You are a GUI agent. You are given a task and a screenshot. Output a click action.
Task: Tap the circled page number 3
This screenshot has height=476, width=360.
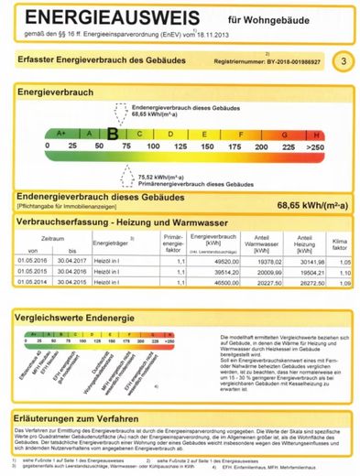[x=342, y=61]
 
